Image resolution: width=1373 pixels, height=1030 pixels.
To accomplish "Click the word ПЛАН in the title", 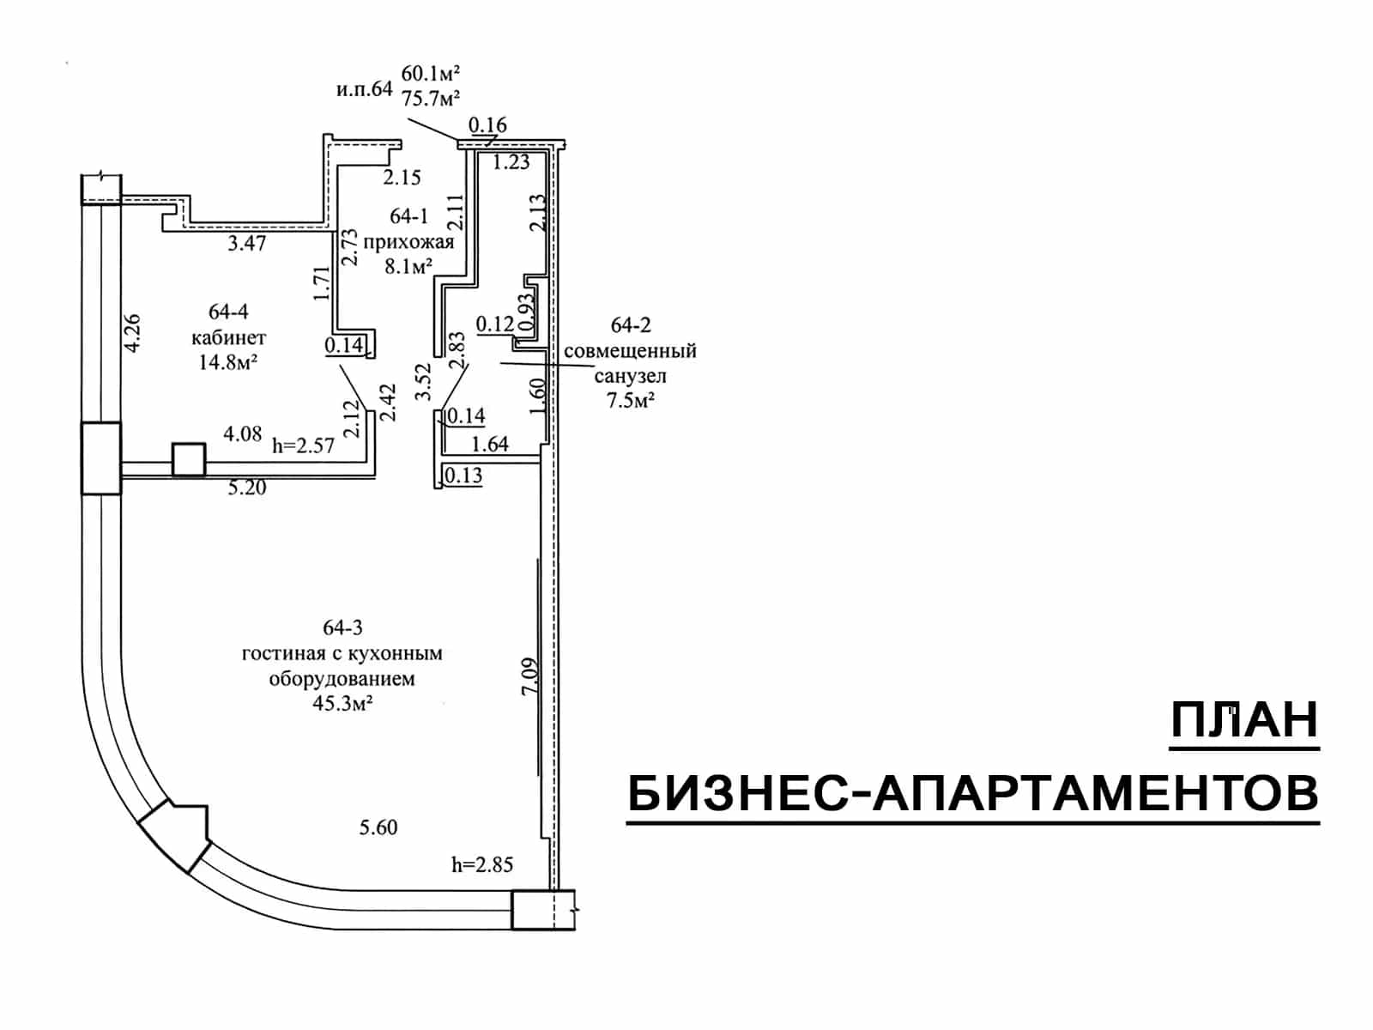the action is point(1244,719).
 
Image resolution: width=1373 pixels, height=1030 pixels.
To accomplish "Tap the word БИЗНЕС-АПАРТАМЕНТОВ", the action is point(972,793).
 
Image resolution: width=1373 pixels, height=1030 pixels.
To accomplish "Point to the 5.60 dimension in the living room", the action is point(378,827).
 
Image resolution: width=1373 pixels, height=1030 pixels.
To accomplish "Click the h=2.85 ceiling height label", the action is point(482,865).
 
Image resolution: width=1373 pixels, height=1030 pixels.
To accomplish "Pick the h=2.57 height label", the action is point(304,445).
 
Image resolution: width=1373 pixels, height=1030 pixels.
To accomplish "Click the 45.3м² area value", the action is point(342,704).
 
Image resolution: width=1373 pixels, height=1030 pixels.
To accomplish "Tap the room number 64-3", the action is point(342,627).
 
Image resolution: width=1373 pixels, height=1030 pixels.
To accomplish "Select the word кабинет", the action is point(229,337).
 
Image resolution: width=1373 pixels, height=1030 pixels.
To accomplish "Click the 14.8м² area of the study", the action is point(229,362).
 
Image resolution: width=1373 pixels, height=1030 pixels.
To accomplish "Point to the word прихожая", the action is point(408,242).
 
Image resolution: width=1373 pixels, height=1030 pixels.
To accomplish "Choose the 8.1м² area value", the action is point(408,266).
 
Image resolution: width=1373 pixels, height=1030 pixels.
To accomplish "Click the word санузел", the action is point(631,376).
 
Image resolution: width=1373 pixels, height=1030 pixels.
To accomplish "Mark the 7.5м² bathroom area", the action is point(631,400).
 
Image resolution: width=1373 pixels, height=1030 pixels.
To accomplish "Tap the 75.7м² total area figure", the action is point(432,99).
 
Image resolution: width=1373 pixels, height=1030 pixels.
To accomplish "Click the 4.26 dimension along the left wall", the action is point(133,333).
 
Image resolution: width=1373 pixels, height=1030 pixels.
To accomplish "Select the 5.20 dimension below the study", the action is point(247,488).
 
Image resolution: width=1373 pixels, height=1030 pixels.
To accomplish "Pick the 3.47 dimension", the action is point(247,243).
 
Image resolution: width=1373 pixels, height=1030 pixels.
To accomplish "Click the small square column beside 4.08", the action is point(189,460).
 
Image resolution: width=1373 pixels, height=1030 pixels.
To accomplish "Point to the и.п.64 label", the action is point(365,89).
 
